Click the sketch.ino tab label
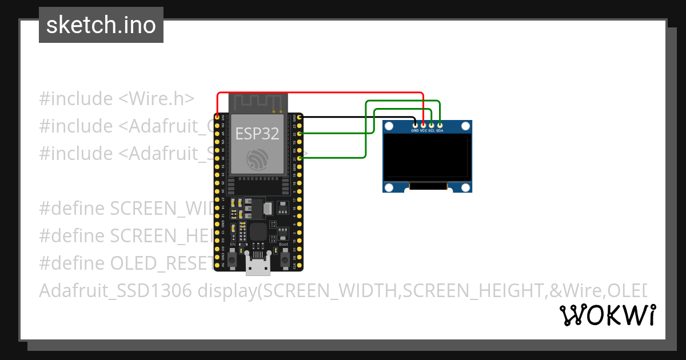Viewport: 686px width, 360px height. click(101, 25)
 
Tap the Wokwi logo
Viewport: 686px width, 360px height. click(608, 315)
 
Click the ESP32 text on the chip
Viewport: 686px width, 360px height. click(257, 134)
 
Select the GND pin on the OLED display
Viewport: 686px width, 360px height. click(415, 125)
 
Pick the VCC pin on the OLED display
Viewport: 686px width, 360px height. click(423, 125)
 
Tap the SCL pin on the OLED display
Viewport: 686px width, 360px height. click(432, 125)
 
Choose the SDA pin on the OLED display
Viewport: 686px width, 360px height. click(440, 125)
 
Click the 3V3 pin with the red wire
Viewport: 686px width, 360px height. click(217, 117)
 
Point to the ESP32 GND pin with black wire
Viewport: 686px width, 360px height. click(299, 117)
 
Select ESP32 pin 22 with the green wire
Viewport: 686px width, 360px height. click(299, 133)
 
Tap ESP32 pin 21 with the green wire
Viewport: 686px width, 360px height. click(299, 158)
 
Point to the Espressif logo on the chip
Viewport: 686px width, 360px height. click(257, 158)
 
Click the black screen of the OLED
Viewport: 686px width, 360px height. click(427, 157)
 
